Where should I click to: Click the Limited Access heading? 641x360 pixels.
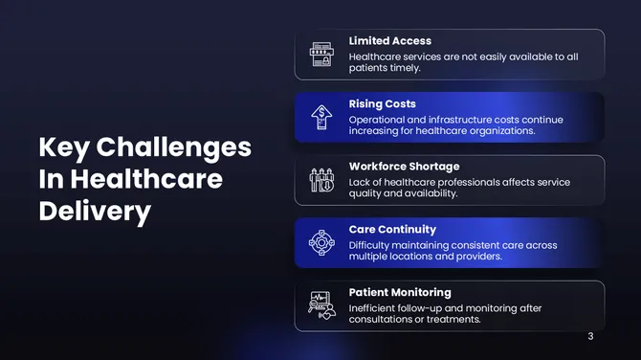(389, 41)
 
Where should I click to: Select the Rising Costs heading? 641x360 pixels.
(382, 103)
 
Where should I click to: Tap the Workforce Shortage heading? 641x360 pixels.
(404, 167)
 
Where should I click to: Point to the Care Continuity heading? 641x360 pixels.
(392, 230)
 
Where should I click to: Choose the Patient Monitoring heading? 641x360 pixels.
(400, 292)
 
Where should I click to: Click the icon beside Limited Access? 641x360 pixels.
(321, 55)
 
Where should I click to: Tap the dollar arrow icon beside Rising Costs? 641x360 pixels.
(321, 117)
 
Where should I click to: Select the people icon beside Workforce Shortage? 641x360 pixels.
(321, 180)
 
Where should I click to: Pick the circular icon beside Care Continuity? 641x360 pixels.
(321, 243)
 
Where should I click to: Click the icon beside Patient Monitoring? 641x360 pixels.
(321, 305)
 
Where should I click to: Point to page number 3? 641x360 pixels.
(590, 336)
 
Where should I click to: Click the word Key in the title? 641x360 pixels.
(63, 147)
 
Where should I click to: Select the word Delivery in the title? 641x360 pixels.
(95, 212)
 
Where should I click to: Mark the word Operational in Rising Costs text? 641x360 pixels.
(379, 120)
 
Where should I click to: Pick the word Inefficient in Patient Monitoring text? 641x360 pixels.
(375, 308)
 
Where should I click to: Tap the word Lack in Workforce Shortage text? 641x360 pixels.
(360, 182)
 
